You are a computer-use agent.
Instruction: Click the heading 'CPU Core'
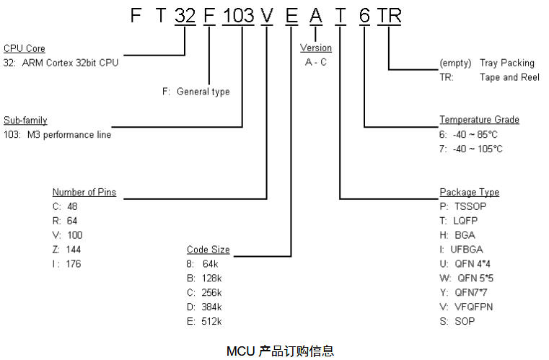point(24,48)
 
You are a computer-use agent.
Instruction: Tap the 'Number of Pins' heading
point(84,193)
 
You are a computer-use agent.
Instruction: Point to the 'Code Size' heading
point(208,250)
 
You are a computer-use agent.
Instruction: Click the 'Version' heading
point(316,48)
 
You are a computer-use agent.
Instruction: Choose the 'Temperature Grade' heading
point(479,120)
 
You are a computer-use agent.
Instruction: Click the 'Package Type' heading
point(469,192)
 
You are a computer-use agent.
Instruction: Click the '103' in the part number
point(238,15)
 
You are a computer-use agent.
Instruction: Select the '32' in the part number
point(185,15)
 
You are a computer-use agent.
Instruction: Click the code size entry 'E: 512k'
point(205,321)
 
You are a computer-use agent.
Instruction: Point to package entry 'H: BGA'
point(457,235)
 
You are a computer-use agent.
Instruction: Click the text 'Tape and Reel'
point(509,77)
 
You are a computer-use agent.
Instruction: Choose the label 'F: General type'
point(196,92)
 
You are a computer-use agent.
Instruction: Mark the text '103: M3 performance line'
point(57,135)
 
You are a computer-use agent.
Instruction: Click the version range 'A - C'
point(316,62)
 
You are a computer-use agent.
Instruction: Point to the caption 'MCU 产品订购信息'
point(281,351)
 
